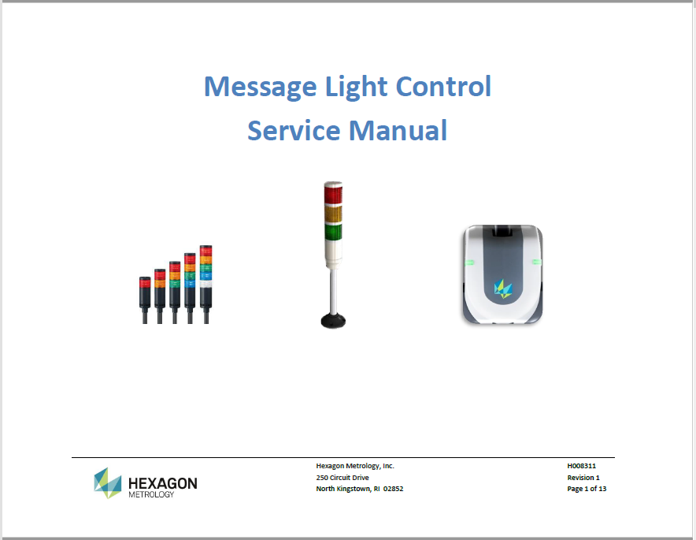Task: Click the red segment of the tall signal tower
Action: click(x=333, y=193)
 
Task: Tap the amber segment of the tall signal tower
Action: click(x=333, y=214)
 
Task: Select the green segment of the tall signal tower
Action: click(x=333, y=232)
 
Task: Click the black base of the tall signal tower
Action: click(x=333, y=320)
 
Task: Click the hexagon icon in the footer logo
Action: click(x=108, y=482)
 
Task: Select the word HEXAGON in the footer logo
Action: click(x=162, y=482)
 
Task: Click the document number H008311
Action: click(x=581, y=466)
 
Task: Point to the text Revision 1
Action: click(x=583, y=478)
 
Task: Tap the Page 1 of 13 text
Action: click(x=587, y=489)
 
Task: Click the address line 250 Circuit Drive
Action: click(x=342, y=478)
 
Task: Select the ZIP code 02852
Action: click(x=394, y=489)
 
